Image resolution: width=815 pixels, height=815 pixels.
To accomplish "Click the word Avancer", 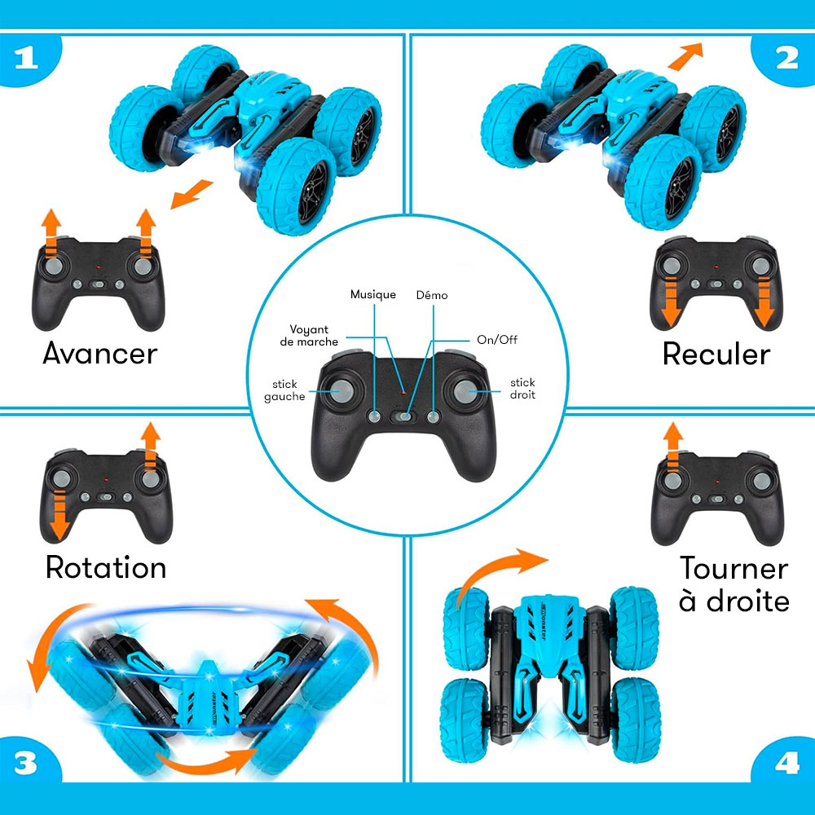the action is tap(99, 354).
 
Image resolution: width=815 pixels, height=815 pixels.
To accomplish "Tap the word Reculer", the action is tap(716, 355).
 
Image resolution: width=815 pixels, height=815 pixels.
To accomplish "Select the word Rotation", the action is tap(106, 567).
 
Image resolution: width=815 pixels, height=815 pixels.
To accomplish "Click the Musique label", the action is tap(373, 295).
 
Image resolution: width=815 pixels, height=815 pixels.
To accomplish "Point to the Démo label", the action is tap(432, 295).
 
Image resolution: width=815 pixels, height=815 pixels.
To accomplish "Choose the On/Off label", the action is tap(497, 339).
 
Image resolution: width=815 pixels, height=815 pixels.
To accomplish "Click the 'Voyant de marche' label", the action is tap(309, 336).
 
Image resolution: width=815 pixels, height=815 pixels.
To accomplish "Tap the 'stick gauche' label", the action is tap(284, 390).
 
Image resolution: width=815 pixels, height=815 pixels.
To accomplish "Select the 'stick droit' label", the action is tap(522, 388).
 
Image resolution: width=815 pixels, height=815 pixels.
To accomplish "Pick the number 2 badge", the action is tap(785, 59).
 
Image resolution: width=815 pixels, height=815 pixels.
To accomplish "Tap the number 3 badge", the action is tap(27, 762).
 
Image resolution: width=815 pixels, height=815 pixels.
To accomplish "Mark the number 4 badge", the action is tap(786, 762).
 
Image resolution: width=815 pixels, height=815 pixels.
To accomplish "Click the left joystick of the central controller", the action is tap(341, 391).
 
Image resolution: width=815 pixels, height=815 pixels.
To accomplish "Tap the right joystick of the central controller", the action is tap(466, 392).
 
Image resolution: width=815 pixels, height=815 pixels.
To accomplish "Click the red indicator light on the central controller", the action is tap(403, 390).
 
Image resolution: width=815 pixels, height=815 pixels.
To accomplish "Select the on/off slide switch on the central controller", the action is tap(403, 416).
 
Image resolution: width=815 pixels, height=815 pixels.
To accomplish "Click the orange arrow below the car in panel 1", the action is tap(192, 195).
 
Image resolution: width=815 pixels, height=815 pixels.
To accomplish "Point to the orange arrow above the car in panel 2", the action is tap(685, 56).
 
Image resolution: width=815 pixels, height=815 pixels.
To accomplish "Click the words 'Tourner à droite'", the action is tap(734, 584).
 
